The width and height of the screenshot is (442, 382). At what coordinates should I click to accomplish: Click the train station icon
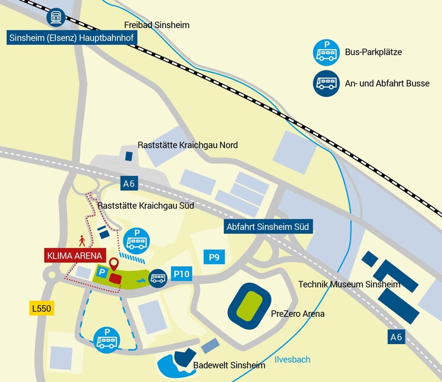pyautogui.click(x=56, y=17)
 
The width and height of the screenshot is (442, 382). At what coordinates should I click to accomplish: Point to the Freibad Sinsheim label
pyautogui.click(x=157, y=25)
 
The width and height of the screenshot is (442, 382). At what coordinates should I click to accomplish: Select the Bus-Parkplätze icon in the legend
pyautogui.click(x=326, y=52)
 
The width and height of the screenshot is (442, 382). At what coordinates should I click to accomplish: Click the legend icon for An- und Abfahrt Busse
pyautogui.click(x=326, y=83)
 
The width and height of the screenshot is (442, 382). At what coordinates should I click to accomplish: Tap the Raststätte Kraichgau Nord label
pyautogui.click(x=187, y=145)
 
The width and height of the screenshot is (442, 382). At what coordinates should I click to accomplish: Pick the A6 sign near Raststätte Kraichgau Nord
pyautogui.click(x=129, y=183)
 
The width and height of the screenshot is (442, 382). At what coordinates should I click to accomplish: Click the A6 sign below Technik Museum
pyautogui.click(x=396, y=337)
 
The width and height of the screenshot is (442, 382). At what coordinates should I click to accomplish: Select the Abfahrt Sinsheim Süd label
pyautogui.click(x=269, y=227)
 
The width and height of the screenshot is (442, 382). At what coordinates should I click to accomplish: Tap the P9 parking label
pyautogui.click(x=214, y=257)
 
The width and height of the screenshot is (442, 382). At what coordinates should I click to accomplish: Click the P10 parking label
pyautogui.click(x=181, y=274)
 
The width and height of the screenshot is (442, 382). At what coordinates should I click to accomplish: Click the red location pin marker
pyautogui.click(x=113, y=264)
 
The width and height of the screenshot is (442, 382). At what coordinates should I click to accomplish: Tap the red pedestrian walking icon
pyautogui.click(x=81, y=241)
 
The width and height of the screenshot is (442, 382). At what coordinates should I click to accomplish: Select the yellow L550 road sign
pyautogui.click(x=42, y=309)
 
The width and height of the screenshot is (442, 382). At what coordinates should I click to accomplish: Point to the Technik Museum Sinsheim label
pyautogui.click(x=349, y=284)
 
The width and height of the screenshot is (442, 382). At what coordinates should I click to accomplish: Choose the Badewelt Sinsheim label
pyautogui.click(x=229, y=365)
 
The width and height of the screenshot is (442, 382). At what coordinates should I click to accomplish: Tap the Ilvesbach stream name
pyautogui.click(x=292, y=359)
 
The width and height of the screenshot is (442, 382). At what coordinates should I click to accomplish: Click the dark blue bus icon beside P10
pyautogui.click(x=158, y=279)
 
